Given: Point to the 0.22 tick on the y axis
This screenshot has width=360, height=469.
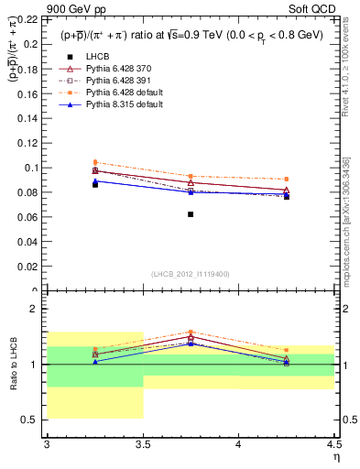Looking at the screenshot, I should tap(30, 19).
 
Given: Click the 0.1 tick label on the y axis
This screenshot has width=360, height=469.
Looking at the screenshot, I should tap(32, 168).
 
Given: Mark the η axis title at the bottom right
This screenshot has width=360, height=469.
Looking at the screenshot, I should tap(334, 455).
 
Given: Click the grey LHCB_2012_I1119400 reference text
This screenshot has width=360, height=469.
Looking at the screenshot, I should tap(191, 273).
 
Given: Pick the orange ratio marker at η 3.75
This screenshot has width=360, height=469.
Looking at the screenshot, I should tap(191, 332).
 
